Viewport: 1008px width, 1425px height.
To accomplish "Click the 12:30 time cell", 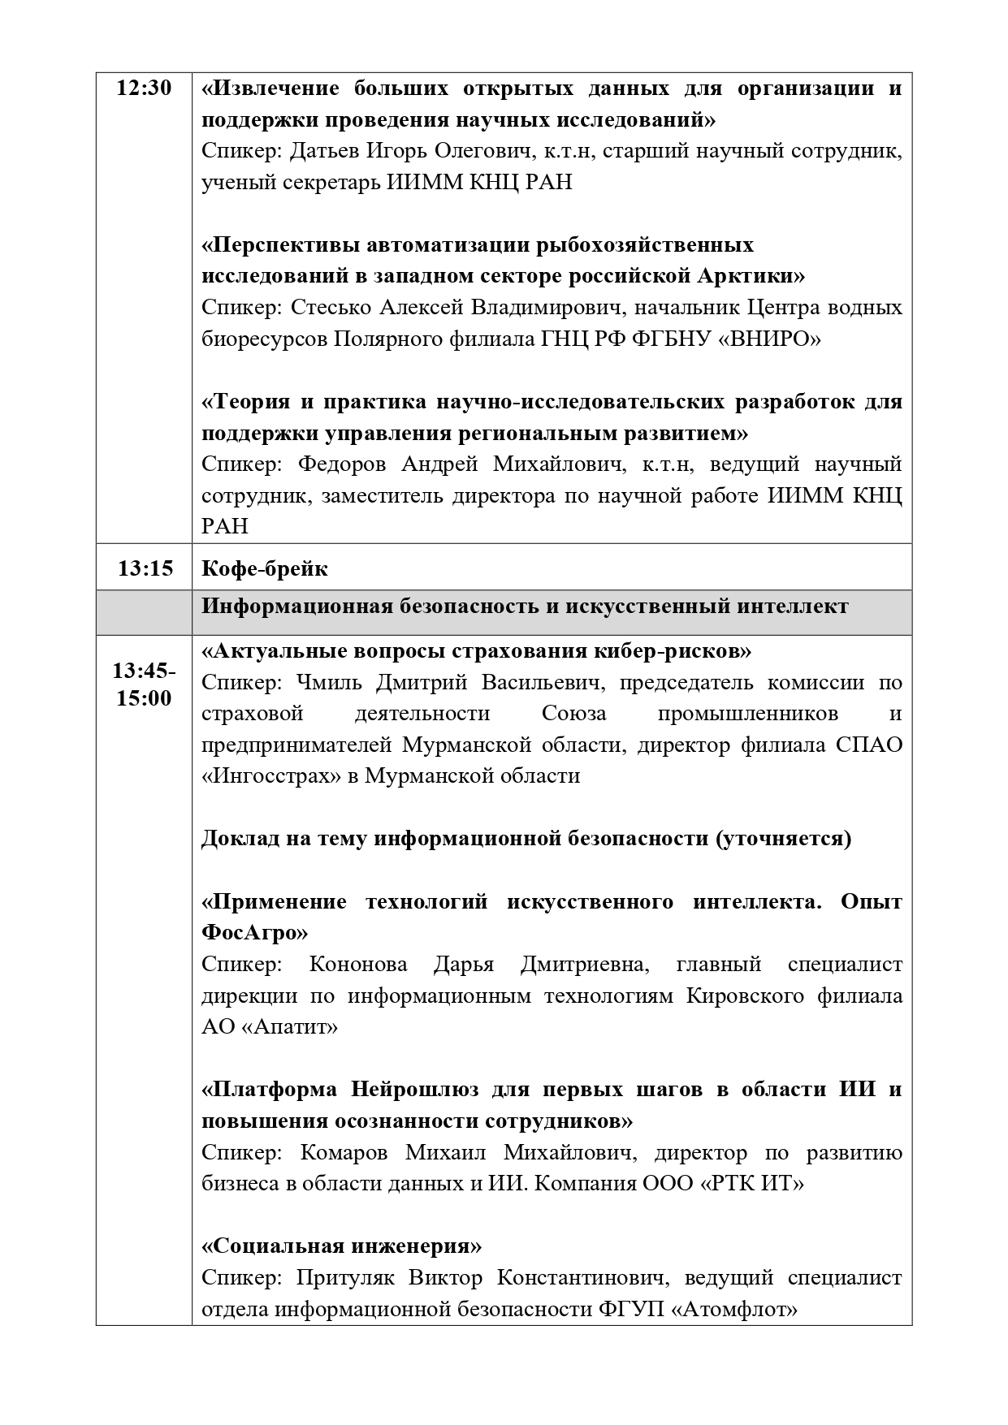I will click(144, 89).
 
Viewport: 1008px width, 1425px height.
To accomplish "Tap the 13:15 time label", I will click(145, 568).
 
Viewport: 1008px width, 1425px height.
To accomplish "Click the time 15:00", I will click(144, 698).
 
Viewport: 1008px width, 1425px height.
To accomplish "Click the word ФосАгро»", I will click(254, 933).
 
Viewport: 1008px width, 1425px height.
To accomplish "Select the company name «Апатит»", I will click(290, 1027).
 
